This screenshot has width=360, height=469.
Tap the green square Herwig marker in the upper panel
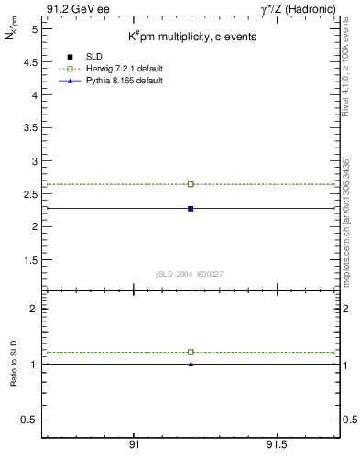point(191,184)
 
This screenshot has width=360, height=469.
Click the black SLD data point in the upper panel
point(191,209)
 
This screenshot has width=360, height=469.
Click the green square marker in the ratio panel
point(191,352)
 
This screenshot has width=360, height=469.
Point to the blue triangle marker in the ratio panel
point(191,364)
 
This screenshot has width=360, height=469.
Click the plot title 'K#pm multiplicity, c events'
point(191,37)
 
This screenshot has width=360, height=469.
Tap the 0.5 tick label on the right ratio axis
point(349,420)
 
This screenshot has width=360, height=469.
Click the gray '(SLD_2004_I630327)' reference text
point(191,274)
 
